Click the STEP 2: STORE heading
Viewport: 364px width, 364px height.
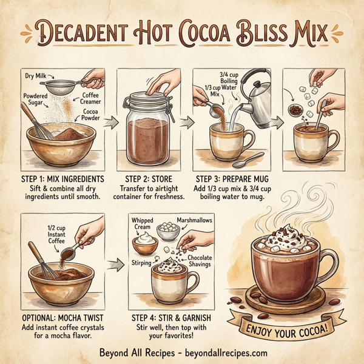pos(149,180)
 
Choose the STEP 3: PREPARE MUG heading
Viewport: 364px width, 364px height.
pos(231,180)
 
